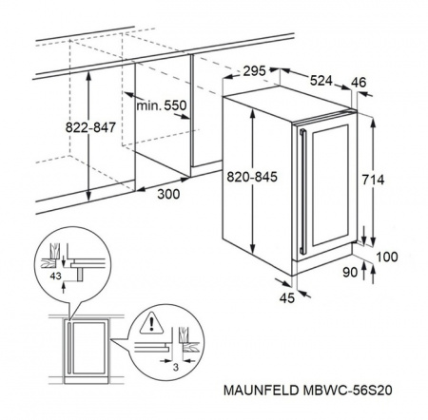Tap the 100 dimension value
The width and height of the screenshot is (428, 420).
point(387,257)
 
